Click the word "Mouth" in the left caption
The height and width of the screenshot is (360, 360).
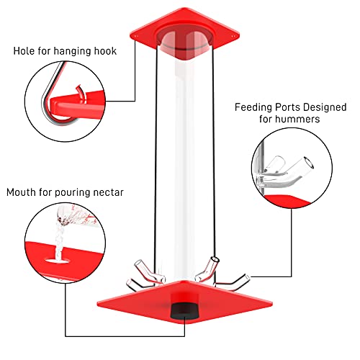click(x=23, y=192)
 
